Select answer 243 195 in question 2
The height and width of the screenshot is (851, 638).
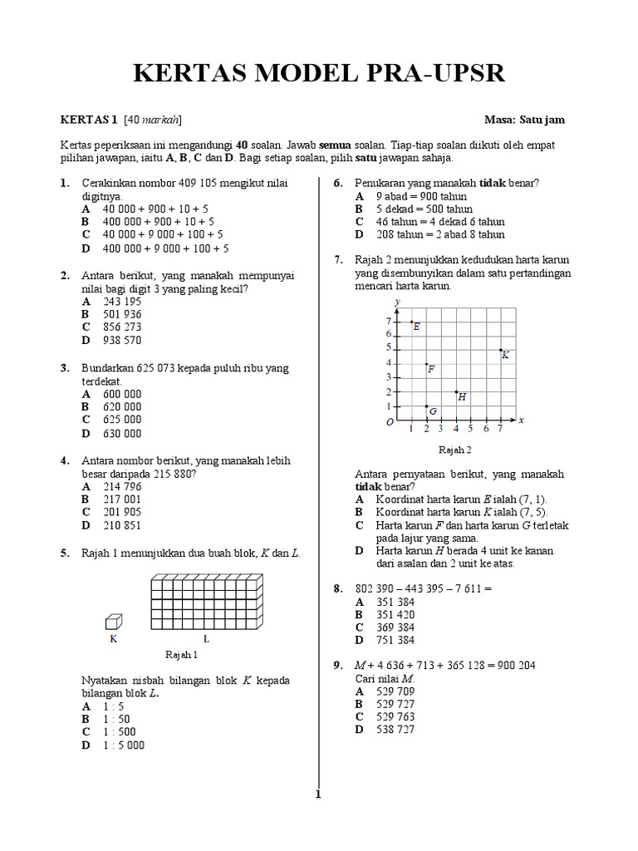click(x=122, y=302)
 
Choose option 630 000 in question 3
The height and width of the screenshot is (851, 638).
click(x=122, y=433)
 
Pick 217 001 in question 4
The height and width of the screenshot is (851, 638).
click(x=122, y=499)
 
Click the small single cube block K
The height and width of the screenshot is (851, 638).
click(x=114, y=622)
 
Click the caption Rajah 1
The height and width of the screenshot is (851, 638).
click(x=181, y=655)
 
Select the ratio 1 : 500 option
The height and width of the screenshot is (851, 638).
click(x=122, y=731)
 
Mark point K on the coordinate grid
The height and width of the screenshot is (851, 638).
click(x=500, y=350)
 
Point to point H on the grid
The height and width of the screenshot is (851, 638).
click(x=456, y=391)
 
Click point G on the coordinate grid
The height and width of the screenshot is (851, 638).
click(x=426, y=406)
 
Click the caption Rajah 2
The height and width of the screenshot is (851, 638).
click(x=454, y=450)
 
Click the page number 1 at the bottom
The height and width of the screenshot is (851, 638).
click(x=317, y=794)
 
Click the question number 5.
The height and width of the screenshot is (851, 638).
click(x=64, y=552)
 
